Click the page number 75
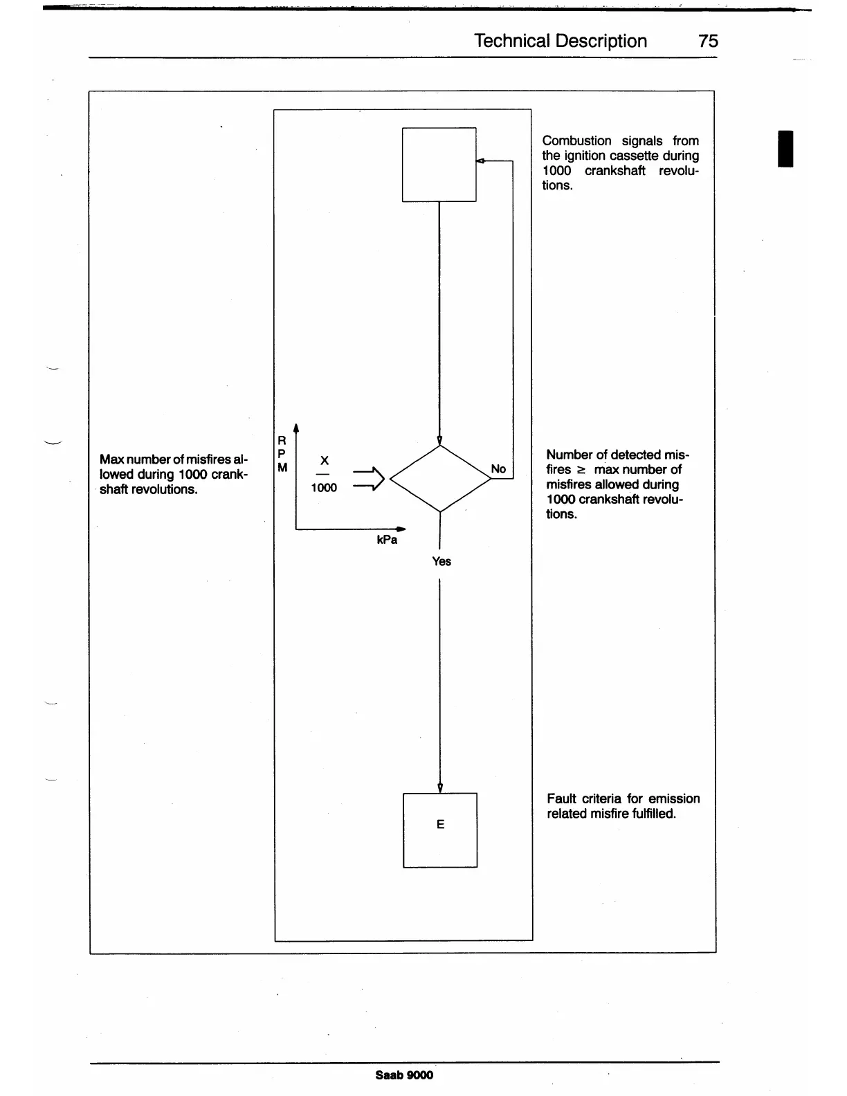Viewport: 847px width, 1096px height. [x=708, y=42]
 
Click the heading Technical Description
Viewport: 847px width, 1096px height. [x=561, y=42]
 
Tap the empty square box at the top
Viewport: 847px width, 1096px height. [x=439, y=165]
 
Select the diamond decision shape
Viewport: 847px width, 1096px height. [x=440, y=478]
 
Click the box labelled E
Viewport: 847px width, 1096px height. [x=440, y=830]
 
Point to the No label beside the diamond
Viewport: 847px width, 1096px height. [x=498, y=469]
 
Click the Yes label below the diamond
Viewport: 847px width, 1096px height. [x=441, y=561]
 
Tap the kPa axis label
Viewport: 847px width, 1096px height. [x=387, y=540]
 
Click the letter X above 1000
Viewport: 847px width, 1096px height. [x=324, y=461]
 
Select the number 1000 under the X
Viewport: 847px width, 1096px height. [x=324, y=488]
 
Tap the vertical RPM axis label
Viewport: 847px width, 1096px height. [x=282, y=454]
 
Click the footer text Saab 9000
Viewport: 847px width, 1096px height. [x=404, y=1075]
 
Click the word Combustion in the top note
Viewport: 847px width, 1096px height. [x=576, y=141]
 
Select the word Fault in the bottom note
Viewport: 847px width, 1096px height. [x=561, y=799]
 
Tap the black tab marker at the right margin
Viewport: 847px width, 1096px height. [x=785, y=148]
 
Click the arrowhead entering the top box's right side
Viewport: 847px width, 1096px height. [x=480, y=161]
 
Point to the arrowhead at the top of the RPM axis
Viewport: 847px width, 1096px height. [x=295, y=426]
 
